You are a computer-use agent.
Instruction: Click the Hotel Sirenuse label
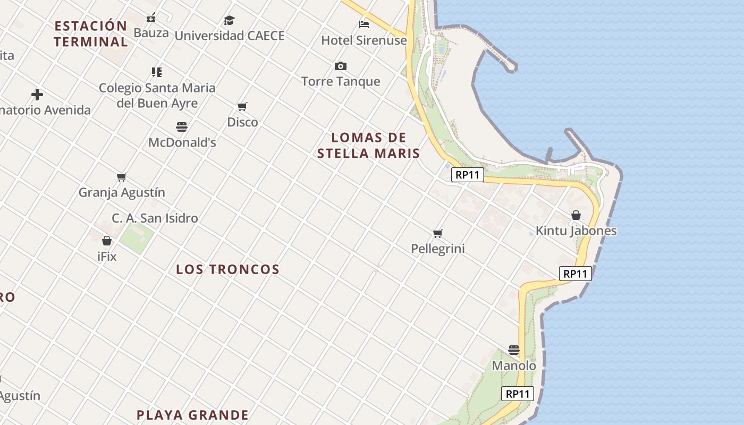coord(364,40)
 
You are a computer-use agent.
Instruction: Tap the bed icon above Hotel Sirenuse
coord(364,24)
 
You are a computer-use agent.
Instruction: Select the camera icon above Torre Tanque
coord(341,66)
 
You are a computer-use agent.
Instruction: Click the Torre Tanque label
coord(341,81)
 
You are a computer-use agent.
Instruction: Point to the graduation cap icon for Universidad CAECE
coord(229,20)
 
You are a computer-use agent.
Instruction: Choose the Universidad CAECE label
coord(230,36)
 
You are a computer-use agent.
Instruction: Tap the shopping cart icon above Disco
coord(242,107)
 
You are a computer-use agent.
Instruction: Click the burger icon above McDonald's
coord(182,127)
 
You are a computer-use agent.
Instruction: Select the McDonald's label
coord(182,142)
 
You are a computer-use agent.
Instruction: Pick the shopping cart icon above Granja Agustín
coord(122,177)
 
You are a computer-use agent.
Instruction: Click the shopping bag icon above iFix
coord(107,241)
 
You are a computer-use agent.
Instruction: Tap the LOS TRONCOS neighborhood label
coord(227,269)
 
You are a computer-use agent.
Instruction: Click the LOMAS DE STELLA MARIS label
coord(368,146)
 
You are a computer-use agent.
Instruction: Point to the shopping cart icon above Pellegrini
coord(438,233)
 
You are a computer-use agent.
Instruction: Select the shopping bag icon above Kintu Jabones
coord(576,215)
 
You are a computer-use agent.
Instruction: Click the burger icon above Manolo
coord(514,350)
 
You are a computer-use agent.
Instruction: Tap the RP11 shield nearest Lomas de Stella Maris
coord(468,175)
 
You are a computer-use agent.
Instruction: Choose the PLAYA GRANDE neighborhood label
coord(192,415)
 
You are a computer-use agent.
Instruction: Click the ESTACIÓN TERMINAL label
coord(91,33)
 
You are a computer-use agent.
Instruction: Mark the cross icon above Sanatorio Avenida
coord(37,95)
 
